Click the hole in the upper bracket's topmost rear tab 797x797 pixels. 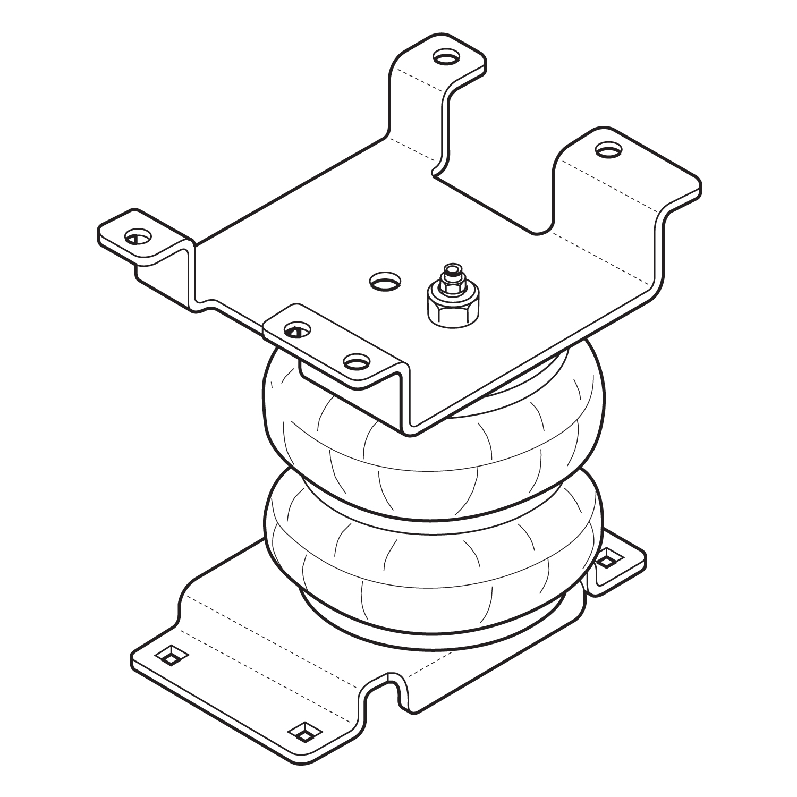tap(445, 56)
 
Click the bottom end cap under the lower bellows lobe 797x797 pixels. tap(436, 627)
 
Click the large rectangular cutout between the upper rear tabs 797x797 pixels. tap(494, 181)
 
